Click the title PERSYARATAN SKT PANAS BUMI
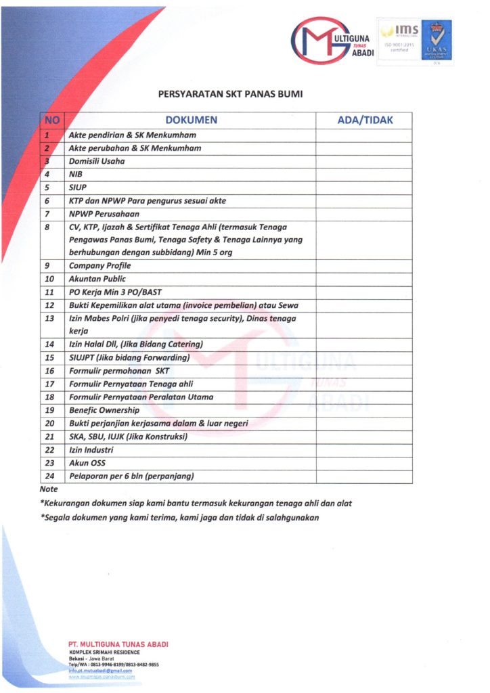(229, 94)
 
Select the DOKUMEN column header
(192, 120)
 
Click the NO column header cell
(52, 120)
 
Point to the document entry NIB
(75, 174)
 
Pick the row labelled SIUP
(78, 187)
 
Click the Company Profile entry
(99, 266)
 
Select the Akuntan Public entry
(97, 279)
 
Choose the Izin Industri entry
(91, 449)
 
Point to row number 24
(49, 476)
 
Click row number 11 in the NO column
(49, 292)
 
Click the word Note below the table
(49, 489)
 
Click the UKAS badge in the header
(436, 40)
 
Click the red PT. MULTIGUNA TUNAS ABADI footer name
(118, 644)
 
